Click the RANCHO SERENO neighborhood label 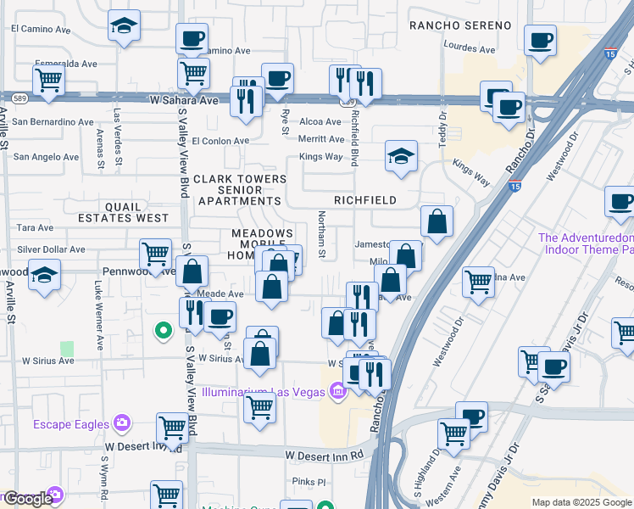[x=460, y=26]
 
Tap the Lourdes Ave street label [x=469, y=49]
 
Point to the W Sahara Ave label [x=184, y=100]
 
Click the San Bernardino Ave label [x=53, y=122]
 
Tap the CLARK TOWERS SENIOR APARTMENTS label [x=239, y=190]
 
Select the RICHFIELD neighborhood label [x=365, y=200]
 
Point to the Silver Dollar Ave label [x=52, y=250]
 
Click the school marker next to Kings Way [x=401, y=156]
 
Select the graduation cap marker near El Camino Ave [x=124, y=26]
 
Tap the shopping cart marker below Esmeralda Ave [x=48, y=81]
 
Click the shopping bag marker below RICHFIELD [x=437, y=222]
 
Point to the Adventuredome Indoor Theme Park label [x=586, y=243]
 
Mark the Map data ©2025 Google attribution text [x=581, y=502]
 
